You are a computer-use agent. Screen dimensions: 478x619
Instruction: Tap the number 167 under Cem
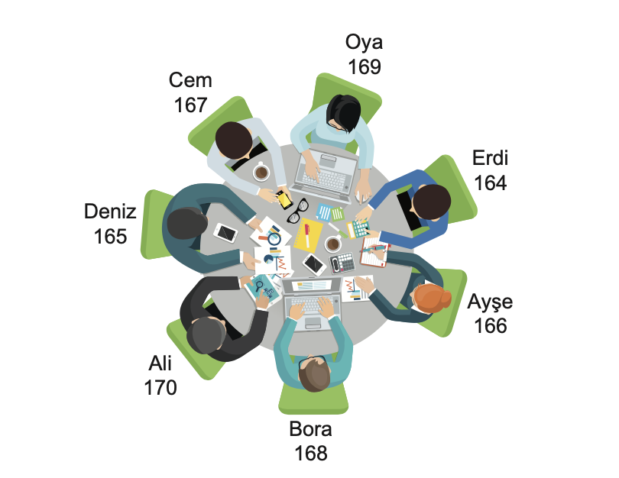click(x=190, y=105)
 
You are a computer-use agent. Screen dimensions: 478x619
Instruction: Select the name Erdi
click(x=490, y=158)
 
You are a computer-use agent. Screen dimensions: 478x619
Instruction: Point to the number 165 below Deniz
click(x=110, y=237)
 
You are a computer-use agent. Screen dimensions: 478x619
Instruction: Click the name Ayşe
click(x=490, y=301)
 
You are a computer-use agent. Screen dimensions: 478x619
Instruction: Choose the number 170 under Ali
click(x=160, y=387)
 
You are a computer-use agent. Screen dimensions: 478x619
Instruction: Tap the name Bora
click(x=310, y=428)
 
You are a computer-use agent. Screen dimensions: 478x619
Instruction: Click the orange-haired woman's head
click(x=432, y=298)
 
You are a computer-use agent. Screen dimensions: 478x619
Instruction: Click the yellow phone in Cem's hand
click(x=284, y=199)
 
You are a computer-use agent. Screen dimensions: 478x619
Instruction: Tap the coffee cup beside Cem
click(x=261, y=172)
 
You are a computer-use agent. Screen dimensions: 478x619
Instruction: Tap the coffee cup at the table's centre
click(x=332, y=244)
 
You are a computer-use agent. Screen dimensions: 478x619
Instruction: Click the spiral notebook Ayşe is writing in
click(x=374, y=254)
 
